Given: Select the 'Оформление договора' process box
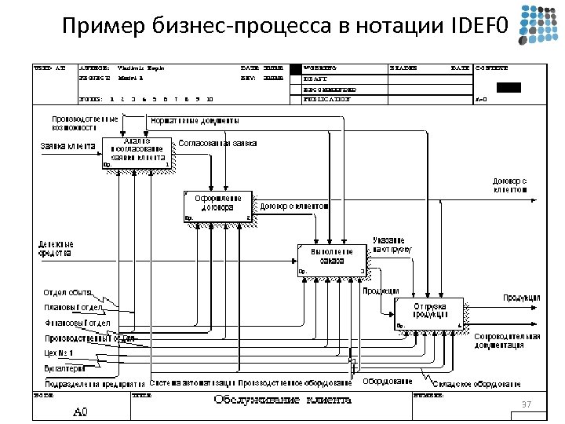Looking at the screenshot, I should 217,205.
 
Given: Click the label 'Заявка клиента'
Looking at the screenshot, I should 67,146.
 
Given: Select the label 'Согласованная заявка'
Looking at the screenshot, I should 217,144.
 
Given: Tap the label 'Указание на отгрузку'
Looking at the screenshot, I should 388,244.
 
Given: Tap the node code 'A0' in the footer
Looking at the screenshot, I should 81,411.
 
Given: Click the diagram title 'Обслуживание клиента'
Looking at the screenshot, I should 282,400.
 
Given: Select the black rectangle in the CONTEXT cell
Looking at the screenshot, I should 508,87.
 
